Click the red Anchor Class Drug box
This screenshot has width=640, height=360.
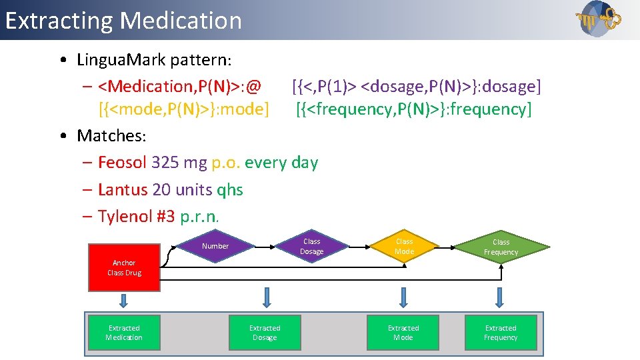[x=124, y=267]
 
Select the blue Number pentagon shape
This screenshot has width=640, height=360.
[x=215, y=246]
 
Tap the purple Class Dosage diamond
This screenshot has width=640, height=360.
[x=311, y=246]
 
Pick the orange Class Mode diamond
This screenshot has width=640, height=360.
[x=404, y=246]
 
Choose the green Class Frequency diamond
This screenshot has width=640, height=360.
[x=501, y=247]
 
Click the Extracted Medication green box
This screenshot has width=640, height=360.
[x=124, y=333]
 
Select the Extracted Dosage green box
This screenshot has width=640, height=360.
[x=265, y=333]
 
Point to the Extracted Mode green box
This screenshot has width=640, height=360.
[x=403, y=333]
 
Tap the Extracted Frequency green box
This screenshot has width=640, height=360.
[x=501, y=333]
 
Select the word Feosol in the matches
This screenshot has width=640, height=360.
[x=123, y=163]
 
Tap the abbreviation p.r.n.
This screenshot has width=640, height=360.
[x=199, y=217]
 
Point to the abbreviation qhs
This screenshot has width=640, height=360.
[x=230, y=190]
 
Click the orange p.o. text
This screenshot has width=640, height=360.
[x=225, y=163]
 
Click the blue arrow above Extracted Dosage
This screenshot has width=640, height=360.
[x=267, y=297]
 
